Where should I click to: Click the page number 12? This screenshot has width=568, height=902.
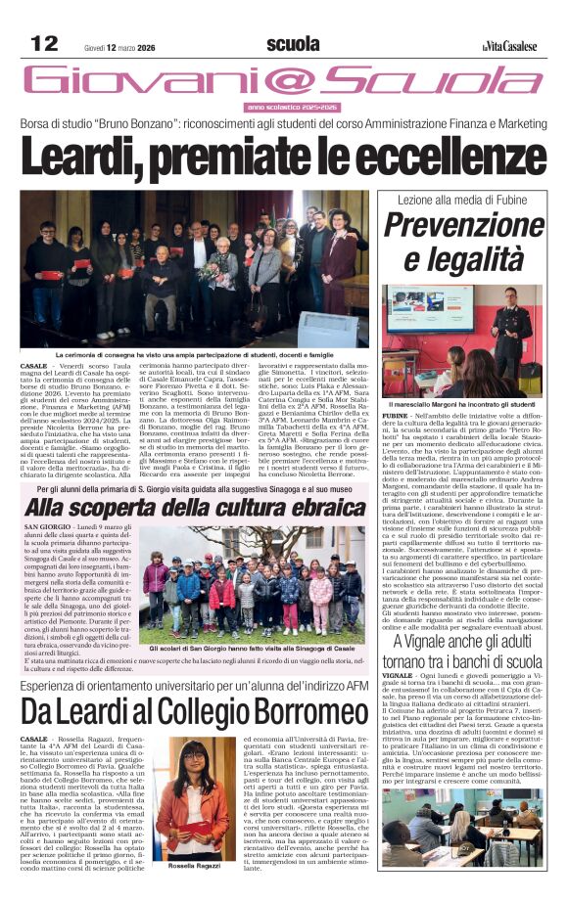[44, 43]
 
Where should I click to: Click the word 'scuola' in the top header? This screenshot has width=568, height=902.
[293, 44]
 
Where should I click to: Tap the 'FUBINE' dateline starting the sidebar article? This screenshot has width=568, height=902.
[397, 417]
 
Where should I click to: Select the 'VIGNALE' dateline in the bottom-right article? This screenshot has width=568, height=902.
[399, 675]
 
